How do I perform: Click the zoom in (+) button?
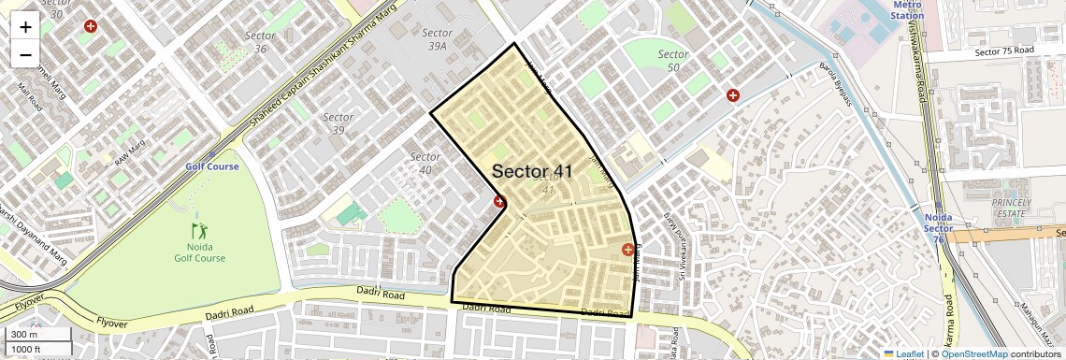[25, 26]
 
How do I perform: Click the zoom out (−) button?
[25, 54]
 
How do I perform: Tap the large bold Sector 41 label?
[532, 171]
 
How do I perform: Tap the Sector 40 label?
[425, 163]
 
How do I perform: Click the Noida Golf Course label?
[199, 252]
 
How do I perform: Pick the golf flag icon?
[199, 229]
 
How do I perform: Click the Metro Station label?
[906, 10]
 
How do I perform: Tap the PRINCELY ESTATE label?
[1011, 208]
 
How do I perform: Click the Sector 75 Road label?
[1004, 50]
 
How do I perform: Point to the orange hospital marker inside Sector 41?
[627, 250]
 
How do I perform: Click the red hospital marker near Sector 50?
[733, 95]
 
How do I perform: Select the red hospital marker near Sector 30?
[91, 27]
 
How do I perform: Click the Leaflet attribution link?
[903, 353]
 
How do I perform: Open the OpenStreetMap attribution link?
[973, 353]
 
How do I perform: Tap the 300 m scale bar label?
[24, 335]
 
